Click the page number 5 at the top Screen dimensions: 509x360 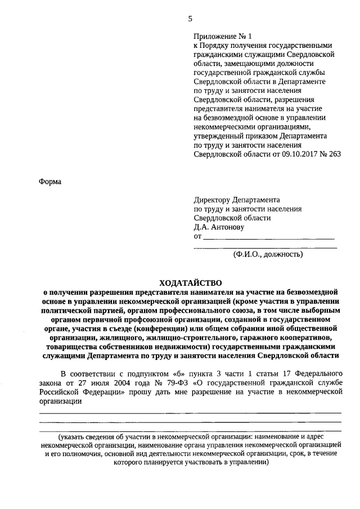[190, 19]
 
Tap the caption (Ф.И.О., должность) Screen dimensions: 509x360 [268, 254]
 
